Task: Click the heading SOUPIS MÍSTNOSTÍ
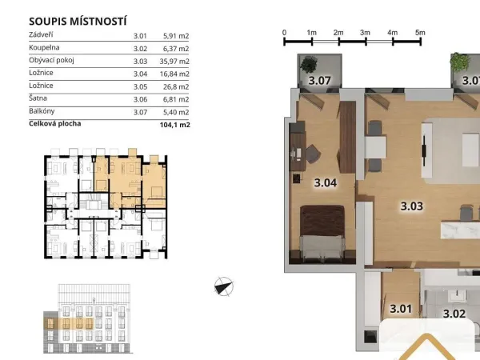(78, 22)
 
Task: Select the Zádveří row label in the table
(41, 34)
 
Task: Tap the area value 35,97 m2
(174, 62)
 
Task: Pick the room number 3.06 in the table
(140, 99)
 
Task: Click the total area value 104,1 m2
(174, 125)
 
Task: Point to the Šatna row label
(38, 98)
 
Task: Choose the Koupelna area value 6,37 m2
(176, 49)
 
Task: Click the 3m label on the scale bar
(365, 33)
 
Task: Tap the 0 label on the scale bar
(284, 33)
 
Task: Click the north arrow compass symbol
(224, 286)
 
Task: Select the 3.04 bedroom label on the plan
(326, 182)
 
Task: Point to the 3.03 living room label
(412, 206)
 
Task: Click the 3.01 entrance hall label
(401, 309)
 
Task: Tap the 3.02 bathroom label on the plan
(454, 314)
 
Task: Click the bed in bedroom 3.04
(322, 234)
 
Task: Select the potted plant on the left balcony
(309, 65)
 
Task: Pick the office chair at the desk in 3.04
(313, 153)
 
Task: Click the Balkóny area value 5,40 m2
(176, 112)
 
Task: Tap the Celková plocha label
(55, 124)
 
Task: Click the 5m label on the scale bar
(420, 33)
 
